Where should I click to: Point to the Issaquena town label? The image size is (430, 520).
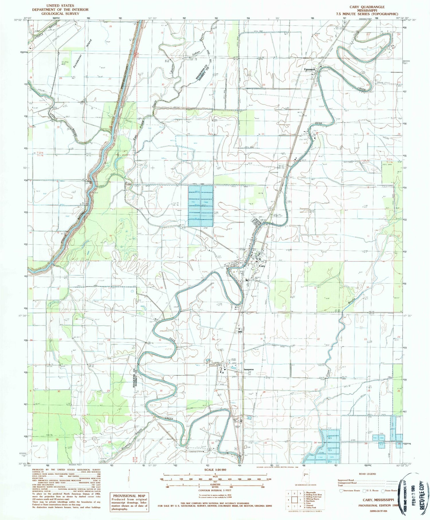click(249, 369)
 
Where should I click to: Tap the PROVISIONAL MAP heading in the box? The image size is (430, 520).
click(129, 496)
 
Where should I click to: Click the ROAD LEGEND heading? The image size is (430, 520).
click(367, 474)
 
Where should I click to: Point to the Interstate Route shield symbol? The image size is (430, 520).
click(341, 490)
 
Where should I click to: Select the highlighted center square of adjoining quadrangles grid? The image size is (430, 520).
click(294, 500)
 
